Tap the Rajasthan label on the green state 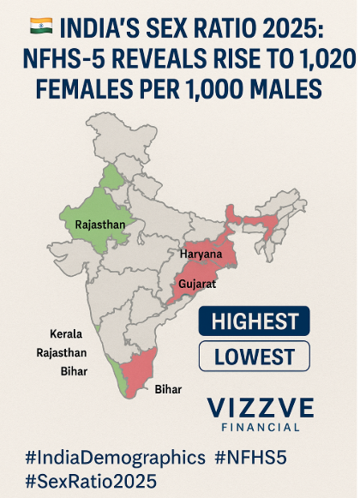point(100,225)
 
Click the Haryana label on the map point(201,255)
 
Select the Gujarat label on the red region point(198,283)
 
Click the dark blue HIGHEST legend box point(255,321)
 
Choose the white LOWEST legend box point(255,357)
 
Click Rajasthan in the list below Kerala point(61,351)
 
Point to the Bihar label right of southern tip point(169,389)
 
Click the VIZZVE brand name point(261,407)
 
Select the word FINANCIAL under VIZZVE point(261,427)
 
